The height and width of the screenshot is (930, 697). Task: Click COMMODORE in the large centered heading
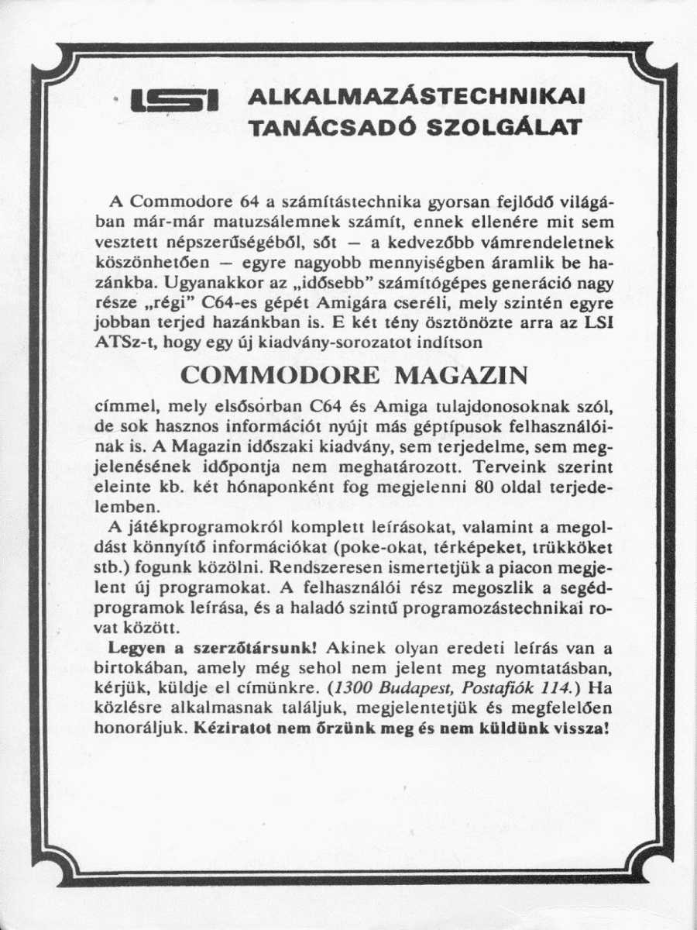280,375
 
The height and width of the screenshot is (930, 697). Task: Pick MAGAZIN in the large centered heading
462,375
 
